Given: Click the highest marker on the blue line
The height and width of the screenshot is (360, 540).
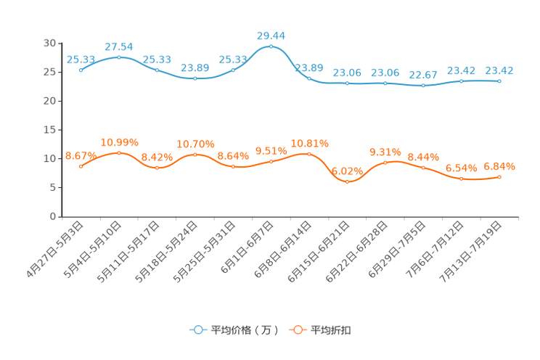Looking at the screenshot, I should coord(271,46).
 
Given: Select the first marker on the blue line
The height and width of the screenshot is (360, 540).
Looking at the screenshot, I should coord(81,70).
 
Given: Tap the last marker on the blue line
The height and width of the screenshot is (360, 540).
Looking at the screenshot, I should coord(499,81).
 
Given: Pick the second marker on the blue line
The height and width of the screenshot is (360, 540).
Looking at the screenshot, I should coord(118,57).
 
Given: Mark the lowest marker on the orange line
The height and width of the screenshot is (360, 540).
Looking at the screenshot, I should coord(348,181).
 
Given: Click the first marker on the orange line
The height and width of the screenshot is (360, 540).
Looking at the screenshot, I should coord(81,166).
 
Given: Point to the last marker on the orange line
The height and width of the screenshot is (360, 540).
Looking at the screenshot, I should coord(499,176).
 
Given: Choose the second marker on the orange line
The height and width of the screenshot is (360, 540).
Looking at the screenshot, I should coord(118,152).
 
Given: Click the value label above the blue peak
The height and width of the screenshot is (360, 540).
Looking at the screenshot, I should coord(271,34).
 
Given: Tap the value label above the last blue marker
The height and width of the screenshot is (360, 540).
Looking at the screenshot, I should coord(499,70).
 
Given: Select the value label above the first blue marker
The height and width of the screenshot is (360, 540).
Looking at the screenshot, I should coord(79,59).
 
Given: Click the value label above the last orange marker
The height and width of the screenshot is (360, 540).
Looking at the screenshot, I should coord(499,165).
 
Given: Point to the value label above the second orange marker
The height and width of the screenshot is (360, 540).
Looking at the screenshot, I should coord(119,141).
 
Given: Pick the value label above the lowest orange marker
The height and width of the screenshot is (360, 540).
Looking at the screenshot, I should coord(347,171).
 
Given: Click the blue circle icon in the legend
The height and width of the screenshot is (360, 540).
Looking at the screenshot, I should coord(198,330).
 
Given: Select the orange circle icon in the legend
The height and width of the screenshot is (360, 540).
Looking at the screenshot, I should coord(297,330).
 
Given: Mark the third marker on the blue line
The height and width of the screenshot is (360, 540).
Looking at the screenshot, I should coord(157,70).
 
